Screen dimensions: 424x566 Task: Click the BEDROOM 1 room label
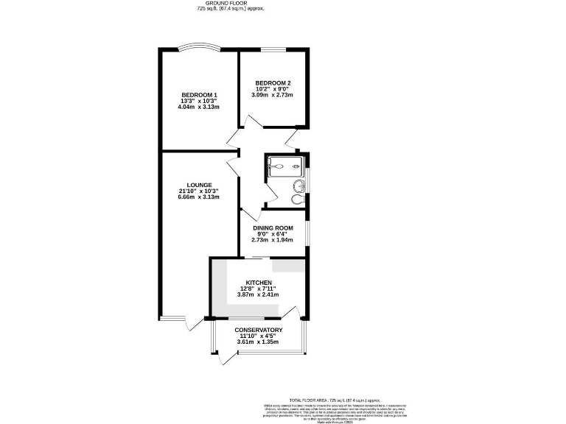[x=199, y=95]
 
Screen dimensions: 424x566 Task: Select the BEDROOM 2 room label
[x=273, y=82]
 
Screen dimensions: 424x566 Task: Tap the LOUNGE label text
[x=199, y=185]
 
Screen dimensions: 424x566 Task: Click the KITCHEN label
[x=259, y=283]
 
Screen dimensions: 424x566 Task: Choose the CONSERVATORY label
[x=258, y=330]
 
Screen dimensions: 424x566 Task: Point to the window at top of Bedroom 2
[x=273, y=50]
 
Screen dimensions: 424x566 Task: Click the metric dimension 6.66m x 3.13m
[x=199, y=197]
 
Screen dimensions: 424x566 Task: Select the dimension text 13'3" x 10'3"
[x=199, y=101]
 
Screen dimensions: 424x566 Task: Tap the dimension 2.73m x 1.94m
[x=273, y=240]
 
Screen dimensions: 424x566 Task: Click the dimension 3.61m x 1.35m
[x=258, y=342]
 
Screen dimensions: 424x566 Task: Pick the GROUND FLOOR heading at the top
[x=231, y=4]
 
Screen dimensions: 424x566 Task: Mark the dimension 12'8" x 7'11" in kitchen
[x=259, y=289]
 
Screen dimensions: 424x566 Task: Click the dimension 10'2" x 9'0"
[x=273, y=89]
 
